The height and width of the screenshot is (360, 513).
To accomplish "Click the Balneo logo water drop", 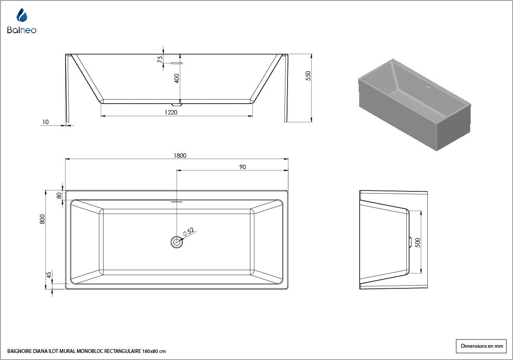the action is point(22,15).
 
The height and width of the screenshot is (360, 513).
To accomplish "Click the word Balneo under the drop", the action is point(22,30).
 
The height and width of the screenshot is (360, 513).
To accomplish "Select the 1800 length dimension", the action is point(180,156).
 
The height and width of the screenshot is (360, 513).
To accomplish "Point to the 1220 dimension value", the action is point(171,112).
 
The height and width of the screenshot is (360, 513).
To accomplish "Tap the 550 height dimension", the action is point(308,76).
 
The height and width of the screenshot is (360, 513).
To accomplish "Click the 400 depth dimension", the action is point(177,78).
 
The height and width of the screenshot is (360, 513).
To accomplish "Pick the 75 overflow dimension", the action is point(160,59).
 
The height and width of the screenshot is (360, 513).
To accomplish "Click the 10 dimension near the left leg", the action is point(45,122).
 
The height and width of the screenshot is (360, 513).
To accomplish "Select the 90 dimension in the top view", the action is point(243,167).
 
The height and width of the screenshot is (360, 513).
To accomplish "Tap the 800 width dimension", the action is point(42,219).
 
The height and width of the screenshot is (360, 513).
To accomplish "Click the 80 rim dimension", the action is point(59,196).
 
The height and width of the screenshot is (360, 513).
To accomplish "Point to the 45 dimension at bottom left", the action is point(49,275).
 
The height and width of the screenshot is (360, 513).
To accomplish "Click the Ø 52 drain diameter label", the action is point(189,232).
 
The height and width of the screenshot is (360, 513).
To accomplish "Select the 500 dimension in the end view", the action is point(417,242).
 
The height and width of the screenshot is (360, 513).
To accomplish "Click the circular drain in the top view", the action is point(177,242).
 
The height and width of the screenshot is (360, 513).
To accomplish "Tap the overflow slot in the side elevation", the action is point(177,63).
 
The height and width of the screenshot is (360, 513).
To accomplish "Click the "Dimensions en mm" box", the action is point(481,346).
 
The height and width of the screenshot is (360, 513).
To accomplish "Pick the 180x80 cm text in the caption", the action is point(154,352).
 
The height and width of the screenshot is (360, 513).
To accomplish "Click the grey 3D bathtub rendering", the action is point(415,104).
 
